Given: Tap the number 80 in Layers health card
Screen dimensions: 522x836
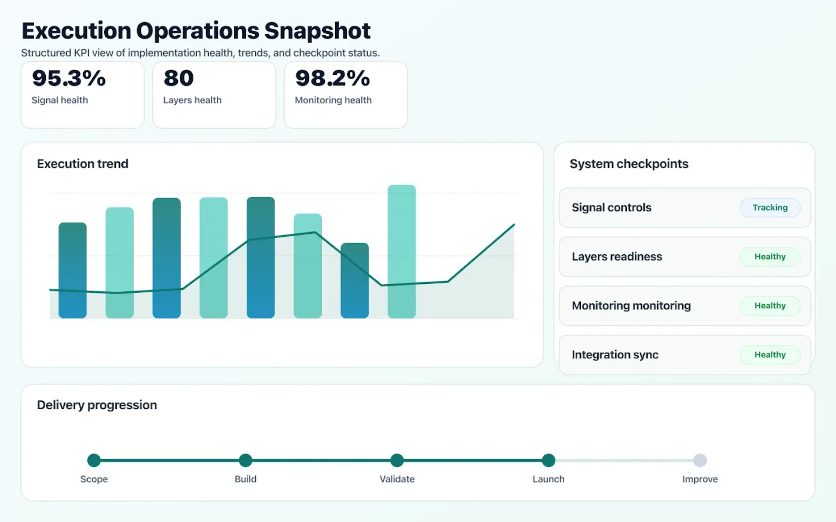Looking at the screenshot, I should click(179, 78).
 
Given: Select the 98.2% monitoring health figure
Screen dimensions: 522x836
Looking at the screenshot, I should click(332, 78).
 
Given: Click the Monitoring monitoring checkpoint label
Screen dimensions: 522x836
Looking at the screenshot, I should click(631, 306).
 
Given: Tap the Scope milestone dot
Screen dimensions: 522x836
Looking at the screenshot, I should click(94, 460).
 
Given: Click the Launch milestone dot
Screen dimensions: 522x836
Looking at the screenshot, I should click(548, 460).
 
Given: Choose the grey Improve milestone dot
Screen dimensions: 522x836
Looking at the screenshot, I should click(700, 460).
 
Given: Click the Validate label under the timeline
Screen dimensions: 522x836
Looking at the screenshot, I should click(397, 479).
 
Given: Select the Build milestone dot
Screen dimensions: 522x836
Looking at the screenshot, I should click(245, 460).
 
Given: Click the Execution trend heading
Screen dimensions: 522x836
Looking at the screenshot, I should click(83, 164).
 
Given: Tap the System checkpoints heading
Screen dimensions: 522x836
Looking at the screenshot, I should click(629, 164).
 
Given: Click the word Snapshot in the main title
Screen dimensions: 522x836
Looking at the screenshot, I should click(317, 31).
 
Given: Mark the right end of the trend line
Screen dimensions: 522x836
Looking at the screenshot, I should click(514, 225).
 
